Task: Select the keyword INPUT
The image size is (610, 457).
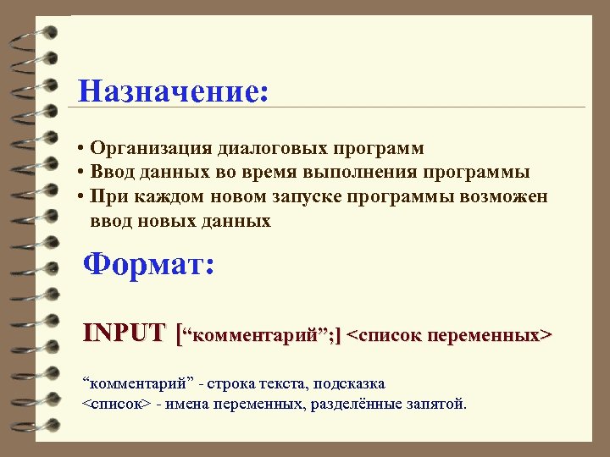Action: (124, 333)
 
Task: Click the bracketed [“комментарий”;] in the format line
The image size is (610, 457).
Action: (257, 334)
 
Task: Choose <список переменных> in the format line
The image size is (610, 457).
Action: (450, 334)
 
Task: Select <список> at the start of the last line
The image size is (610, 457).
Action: (116, 404)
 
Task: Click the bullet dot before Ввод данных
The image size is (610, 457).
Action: (79, 173)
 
